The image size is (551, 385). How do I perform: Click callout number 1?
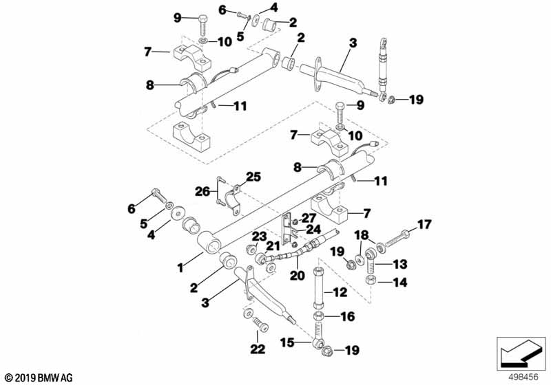pos(180,268)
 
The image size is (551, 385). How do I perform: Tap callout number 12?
pos(340,292)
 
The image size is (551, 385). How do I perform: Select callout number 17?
pos(424,224)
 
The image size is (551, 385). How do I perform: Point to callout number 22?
pos(258,349)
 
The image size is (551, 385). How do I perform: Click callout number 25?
pos(253,177)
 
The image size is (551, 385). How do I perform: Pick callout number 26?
pos(202,191)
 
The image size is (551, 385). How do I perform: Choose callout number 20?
pos(298,275)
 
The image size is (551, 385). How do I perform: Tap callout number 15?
pos(287,342)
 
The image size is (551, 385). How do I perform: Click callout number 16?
pos(348,317)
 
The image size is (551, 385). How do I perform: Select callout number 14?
pos(400,283)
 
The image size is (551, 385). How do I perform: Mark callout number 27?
pos(309,218)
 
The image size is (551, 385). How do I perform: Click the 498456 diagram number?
pos(523,377)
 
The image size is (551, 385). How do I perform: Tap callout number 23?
pos(259,236)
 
